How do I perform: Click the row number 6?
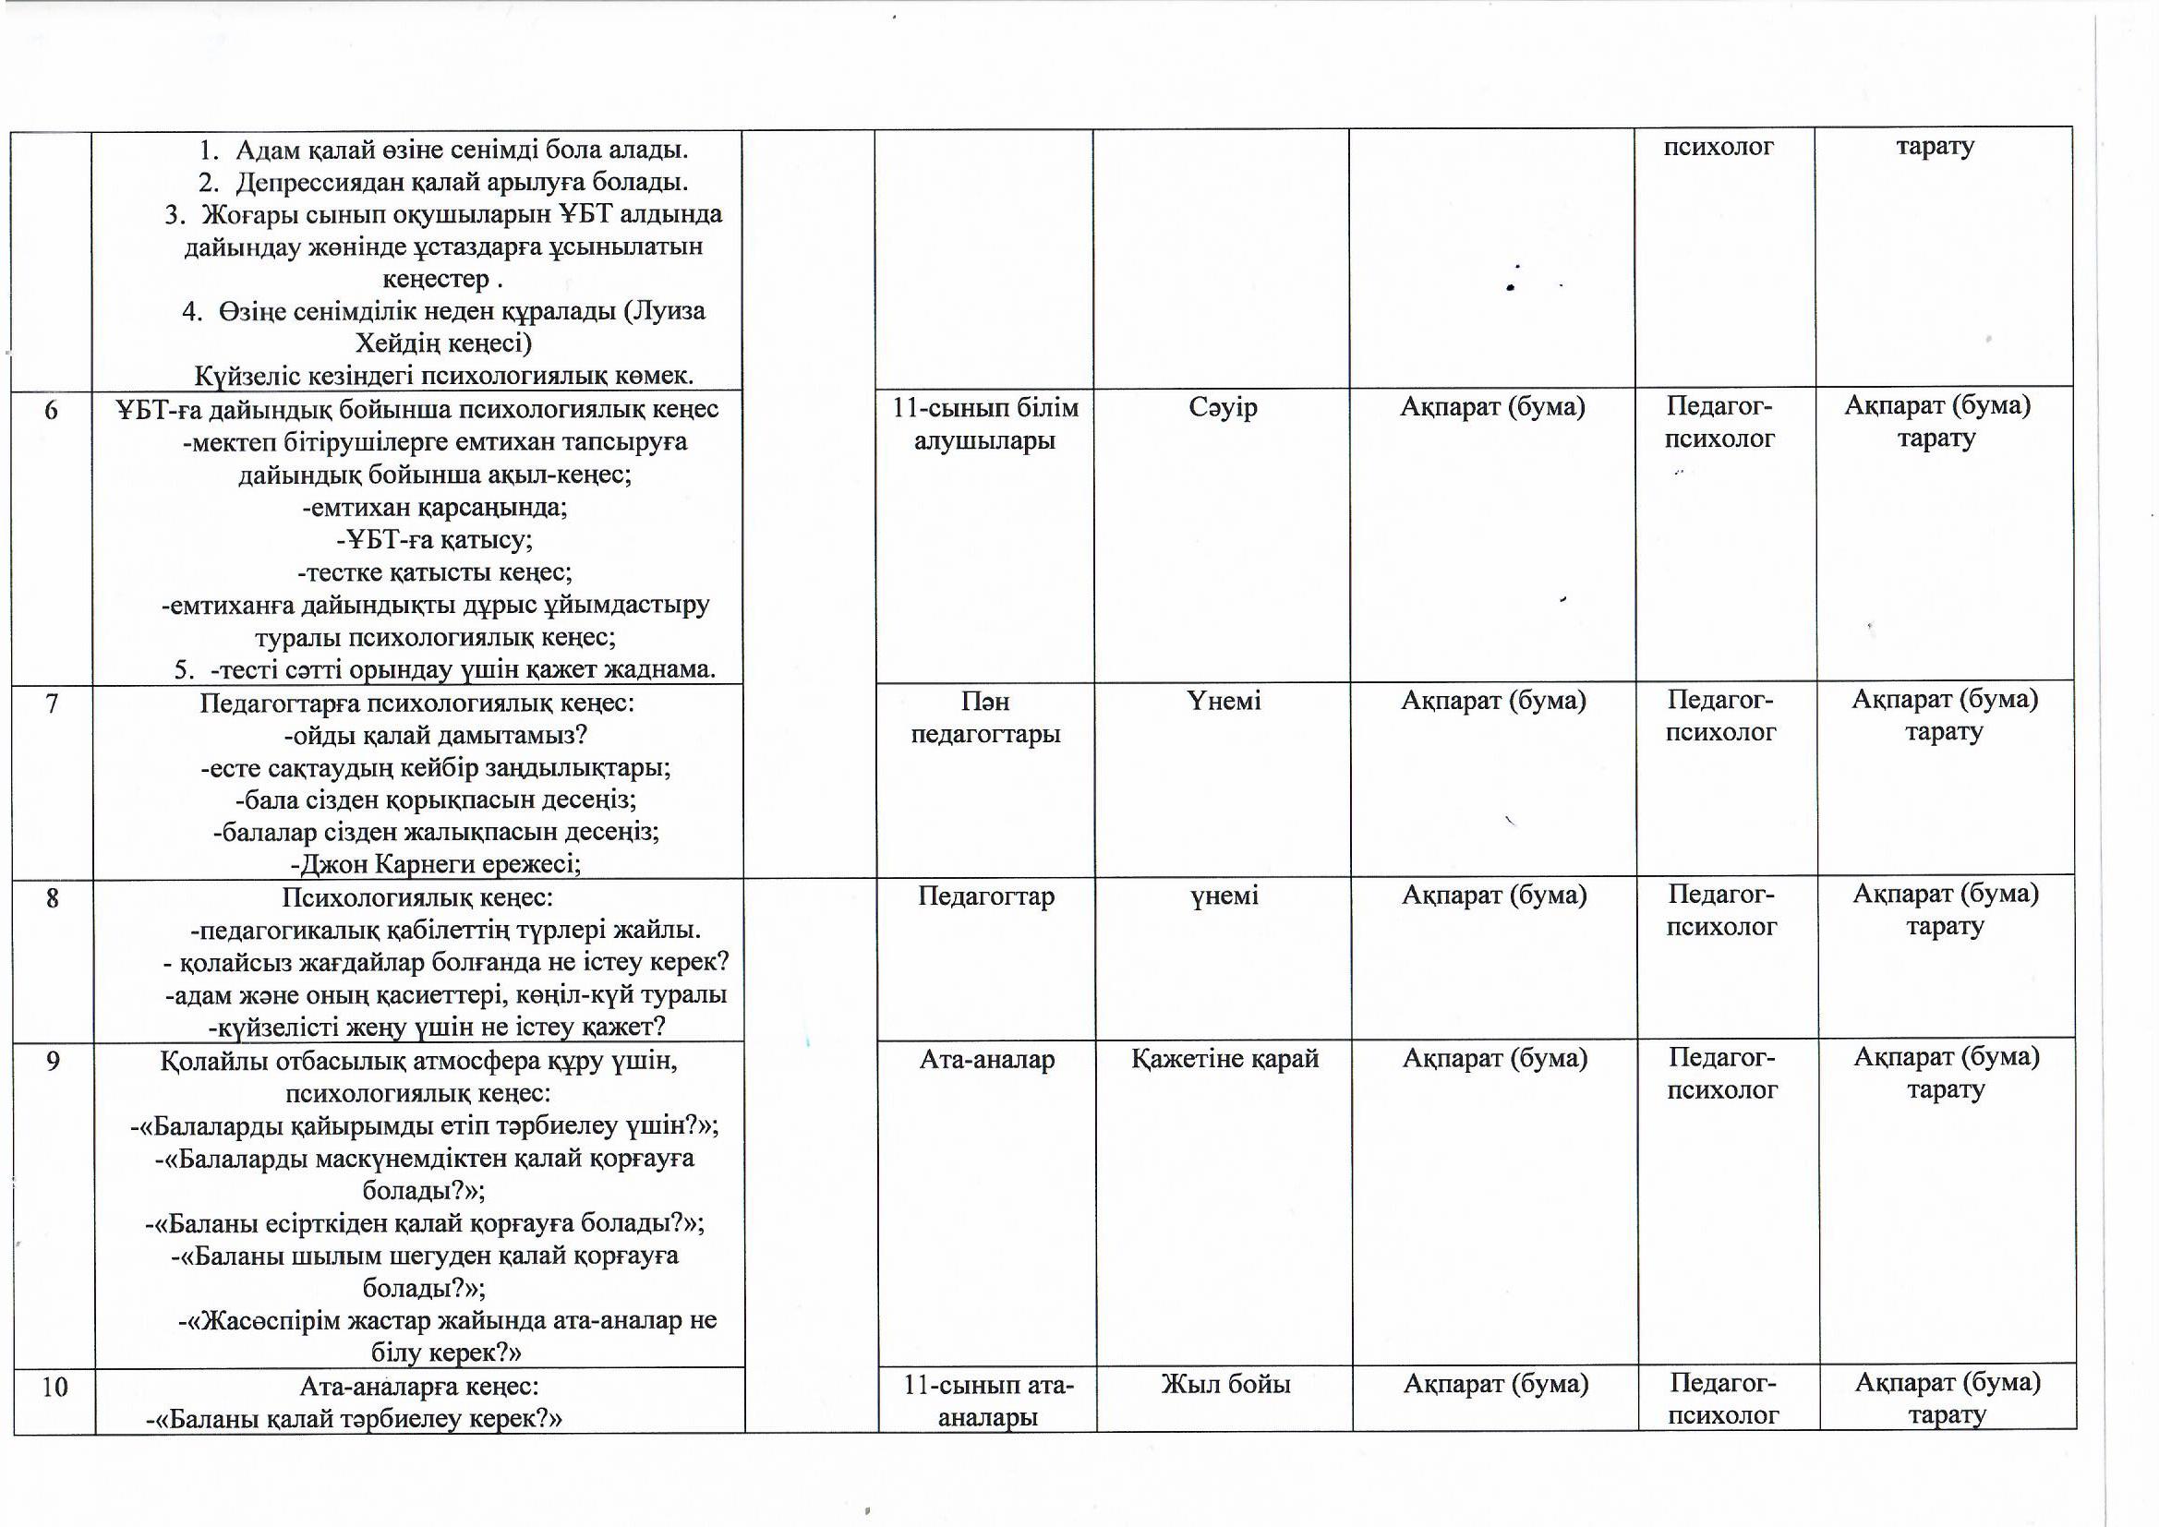[x=51, y=410]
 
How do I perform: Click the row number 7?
[x=53, y=703]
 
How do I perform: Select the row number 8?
[x=53, y=898]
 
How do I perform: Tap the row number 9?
[x=54, y=1061]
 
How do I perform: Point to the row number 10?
[x=54, y=1387]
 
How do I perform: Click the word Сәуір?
[x=1223, y=407]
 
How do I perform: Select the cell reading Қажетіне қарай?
[x=1224, y=1059]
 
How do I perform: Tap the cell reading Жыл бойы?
[x=1225, y=1384]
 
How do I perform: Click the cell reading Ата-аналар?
[x=986, y=1059]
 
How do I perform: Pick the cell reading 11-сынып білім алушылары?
[x=984, y=424]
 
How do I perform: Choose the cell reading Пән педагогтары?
[x=985, y=717]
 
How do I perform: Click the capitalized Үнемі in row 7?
[x=1224, y=702]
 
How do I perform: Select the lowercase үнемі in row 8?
[x=1224, y=896]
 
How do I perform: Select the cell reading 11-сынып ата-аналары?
[x=987, y=1401]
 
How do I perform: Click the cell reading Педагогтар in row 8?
[x=986, y=896]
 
